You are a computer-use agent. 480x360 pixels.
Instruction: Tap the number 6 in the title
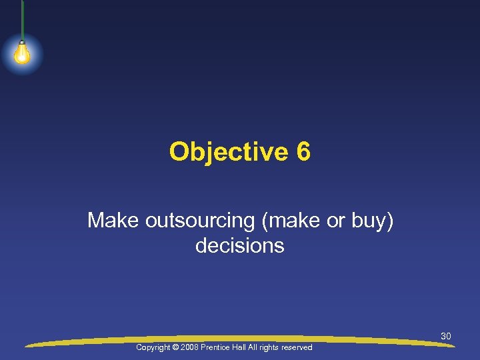(303, 152)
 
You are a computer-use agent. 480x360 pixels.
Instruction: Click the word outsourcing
(192, 220)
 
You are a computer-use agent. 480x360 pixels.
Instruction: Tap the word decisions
(240, 245)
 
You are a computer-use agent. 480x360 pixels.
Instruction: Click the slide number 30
(446, 336)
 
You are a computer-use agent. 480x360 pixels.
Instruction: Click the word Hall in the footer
(245, 348)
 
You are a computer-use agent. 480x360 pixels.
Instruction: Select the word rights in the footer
(275, 348)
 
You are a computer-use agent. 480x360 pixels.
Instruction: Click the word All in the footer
(259, 348)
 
